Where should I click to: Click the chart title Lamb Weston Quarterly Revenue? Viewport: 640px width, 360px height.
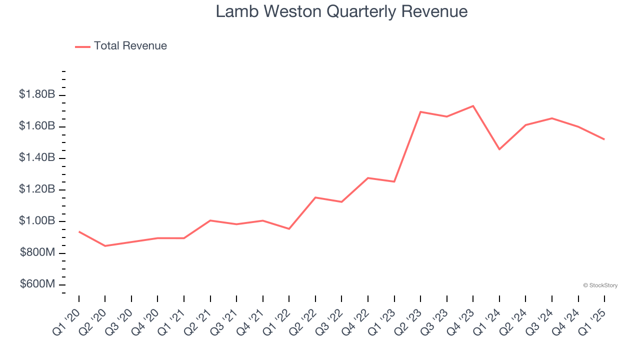(x=341, y=11)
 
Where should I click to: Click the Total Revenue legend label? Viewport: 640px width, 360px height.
(x=130, y=46)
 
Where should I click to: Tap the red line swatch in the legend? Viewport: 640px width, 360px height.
(x=82, y=46)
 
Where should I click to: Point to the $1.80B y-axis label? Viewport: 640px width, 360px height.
(x=37, y=94)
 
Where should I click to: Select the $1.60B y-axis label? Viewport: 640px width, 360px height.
(x=37, y=126)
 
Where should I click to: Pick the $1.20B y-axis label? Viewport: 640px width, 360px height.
(x=37, y=189)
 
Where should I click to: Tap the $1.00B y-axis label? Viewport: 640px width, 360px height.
(x=37, y=221)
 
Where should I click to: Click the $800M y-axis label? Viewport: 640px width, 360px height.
(x=37, y=253)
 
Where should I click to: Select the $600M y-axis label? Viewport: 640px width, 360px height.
(x=37, y=284)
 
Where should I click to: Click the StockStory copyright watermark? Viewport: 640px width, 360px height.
(x=600, y=285)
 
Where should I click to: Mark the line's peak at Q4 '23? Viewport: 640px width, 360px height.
(x=473, y=106)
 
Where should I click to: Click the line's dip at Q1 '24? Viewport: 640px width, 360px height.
(x=499, y=149)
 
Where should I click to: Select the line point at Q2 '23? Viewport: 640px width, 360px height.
(x=420, y=112)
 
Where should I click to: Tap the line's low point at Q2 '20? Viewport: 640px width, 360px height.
(x=105, y=246)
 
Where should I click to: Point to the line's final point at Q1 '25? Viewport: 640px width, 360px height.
(x=604, y=139)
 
